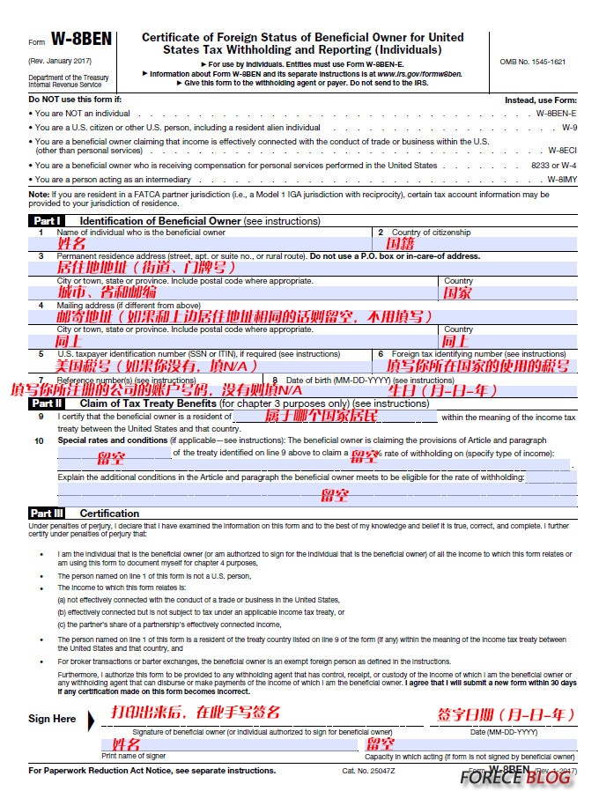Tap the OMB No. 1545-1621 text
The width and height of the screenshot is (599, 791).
[x=532, y=62]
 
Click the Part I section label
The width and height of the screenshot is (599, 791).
[x=46, y=220]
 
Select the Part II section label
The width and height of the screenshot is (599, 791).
[x=47, y=403]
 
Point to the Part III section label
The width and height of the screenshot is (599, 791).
[x=47, y=513]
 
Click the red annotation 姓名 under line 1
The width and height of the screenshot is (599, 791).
[x=71, y=244]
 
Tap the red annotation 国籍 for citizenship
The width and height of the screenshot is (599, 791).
[x=401, y=244]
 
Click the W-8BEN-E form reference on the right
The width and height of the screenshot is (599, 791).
[x=556, y=114]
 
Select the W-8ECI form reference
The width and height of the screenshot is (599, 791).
[x=561, y=151]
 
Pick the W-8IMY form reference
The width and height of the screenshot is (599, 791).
[x=561, y=179]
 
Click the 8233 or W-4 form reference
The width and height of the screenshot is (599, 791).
[x=553, y=165]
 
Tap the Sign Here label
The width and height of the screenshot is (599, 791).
[x=52, y=718]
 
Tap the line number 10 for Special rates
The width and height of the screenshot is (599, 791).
[x=40, y=440]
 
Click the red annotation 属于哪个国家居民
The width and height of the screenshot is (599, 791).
[x=321, y=415]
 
